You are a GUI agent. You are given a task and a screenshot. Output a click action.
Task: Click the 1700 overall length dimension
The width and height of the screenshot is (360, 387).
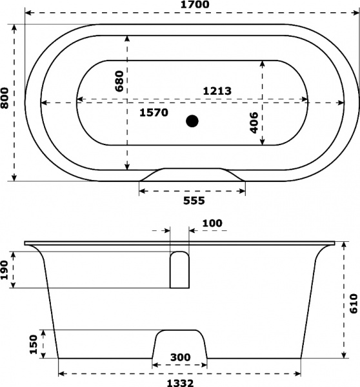pyautogui.click(x=195, y=5)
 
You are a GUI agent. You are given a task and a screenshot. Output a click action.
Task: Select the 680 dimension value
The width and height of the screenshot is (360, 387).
pyautogui.click(x=119, y=81)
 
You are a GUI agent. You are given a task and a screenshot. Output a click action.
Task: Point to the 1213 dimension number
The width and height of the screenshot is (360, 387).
pyautogui.click(x=217, y=91)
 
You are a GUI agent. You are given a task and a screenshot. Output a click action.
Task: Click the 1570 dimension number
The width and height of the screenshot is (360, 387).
pyautogui.click(x=154, y=112)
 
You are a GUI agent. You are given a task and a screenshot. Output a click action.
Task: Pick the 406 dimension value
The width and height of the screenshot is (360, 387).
pyautogui.click(x=254, y=123)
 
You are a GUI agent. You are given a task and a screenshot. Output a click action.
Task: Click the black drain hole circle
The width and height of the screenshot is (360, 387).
pyautogui.click(x=192, y=121)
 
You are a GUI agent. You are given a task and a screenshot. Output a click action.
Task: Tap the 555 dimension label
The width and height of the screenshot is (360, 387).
pyautogui.click(x=194, y=201)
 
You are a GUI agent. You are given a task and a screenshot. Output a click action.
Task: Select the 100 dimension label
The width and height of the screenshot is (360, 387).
pyautogui.click(x=212, y=223)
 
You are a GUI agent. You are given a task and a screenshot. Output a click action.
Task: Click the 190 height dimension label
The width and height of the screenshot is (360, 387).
pyautogui.click(x=5, y=270)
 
